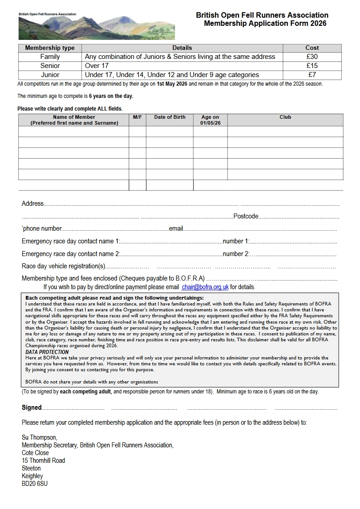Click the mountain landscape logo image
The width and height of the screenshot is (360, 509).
97,26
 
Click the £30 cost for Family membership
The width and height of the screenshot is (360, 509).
312,57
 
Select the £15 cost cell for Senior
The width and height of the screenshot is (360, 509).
312,66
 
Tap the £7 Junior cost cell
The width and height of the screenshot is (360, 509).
312,75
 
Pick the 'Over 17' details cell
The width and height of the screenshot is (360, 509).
97,66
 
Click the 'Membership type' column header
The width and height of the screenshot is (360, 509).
50,48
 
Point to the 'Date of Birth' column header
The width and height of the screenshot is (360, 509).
170,117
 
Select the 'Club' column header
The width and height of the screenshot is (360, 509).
285,117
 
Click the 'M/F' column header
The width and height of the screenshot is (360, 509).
137,117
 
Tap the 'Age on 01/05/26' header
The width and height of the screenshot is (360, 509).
210,120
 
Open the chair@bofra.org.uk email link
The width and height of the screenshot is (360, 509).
205,287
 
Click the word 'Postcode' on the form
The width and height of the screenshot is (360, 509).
246,216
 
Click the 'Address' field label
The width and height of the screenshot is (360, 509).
33,204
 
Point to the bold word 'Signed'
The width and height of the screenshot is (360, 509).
32,407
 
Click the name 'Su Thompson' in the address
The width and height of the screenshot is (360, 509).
39,437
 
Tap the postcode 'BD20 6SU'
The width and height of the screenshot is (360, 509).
34,484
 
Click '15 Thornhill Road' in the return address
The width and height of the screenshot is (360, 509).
43,461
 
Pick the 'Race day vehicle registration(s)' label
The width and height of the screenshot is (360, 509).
63,266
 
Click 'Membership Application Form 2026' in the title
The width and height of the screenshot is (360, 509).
265,24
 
